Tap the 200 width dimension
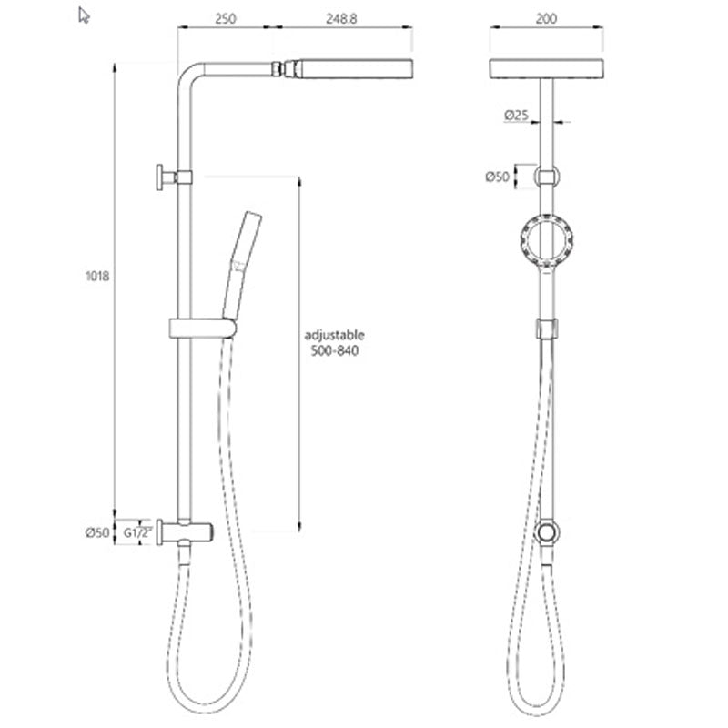547,17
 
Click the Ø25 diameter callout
517,116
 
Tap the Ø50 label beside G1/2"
97,533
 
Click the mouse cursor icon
84,15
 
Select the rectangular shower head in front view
546,69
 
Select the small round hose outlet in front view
546,533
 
